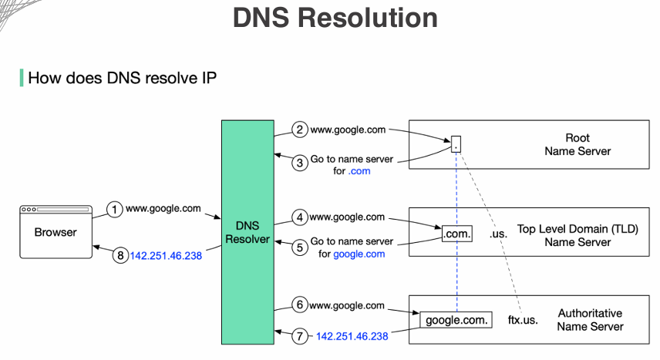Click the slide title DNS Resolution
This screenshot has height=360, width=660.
(x=335, y=17)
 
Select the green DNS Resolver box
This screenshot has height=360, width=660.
(x=247, y=231)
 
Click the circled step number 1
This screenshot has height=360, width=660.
(x=115, y=209)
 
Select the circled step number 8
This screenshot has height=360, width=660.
(x=120, y=256)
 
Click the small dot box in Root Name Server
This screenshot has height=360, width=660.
(x=456, y=143)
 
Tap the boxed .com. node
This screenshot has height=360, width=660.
(x=456, y=232)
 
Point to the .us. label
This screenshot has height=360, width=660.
(x=499, y=232)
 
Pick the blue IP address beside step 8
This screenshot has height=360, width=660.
(x=166, y=256)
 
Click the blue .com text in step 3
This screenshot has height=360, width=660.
(x=359, y=171)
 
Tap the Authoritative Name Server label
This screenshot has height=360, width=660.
(x=590, y=320)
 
